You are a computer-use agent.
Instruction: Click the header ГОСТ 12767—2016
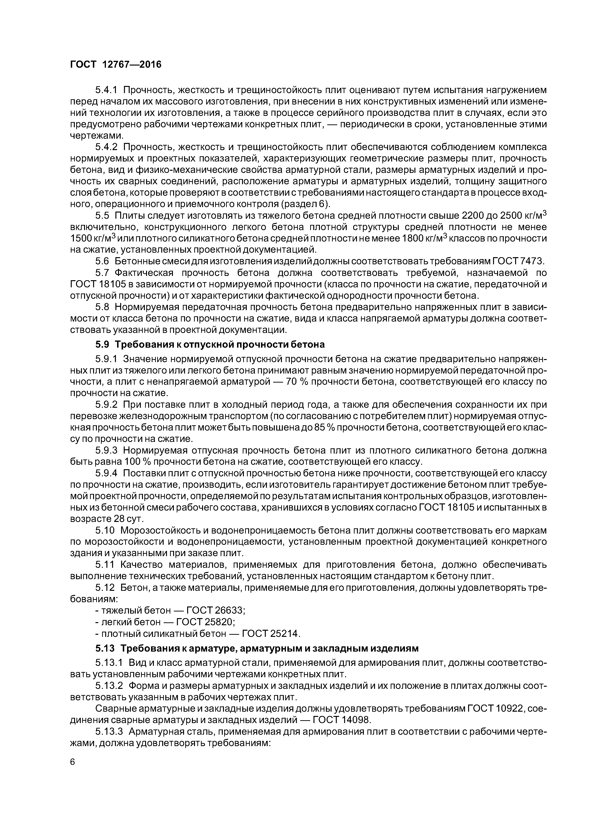[115, 65]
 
